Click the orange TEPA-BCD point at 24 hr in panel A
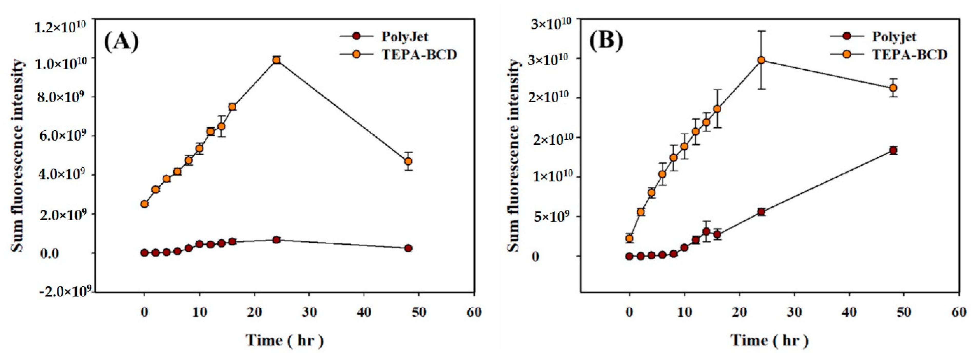(277, 60)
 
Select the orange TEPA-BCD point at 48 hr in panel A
(408, 161)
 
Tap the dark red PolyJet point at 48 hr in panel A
(408, 248)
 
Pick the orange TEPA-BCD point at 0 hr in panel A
(144, 204)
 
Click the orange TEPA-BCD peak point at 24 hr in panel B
(761, 60)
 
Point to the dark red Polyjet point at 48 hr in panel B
(893, 150)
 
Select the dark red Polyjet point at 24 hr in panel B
(761, 212)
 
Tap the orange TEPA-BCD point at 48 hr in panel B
(893, 88)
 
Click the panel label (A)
(121, 42)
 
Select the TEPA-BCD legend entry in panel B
(909, 55)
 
